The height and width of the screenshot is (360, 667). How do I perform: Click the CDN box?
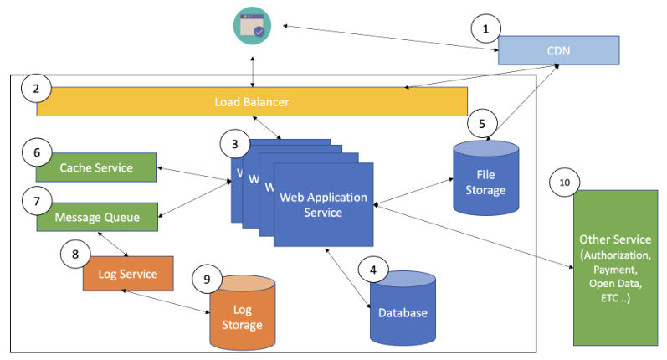[x=558, y=50]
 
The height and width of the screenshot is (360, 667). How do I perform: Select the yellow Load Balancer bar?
[x=252, y=101]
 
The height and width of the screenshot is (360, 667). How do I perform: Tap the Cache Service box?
[x=96, y=167]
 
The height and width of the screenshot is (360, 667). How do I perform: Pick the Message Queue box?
[x=96, y=217]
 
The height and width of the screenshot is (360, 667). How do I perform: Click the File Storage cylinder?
[x=485, y=182]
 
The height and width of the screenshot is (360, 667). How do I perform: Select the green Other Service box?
[x=615, y=268]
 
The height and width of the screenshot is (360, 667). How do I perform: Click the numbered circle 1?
[x=485, y=30]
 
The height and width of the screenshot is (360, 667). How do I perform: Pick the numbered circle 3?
[x=235, y=144]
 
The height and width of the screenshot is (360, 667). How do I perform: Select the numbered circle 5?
[x=482, y=122]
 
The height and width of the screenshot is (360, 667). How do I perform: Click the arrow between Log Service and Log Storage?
[x=166, y=302]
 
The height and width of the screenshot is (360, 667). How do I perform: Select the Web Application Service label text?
[x=323, y=205]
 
